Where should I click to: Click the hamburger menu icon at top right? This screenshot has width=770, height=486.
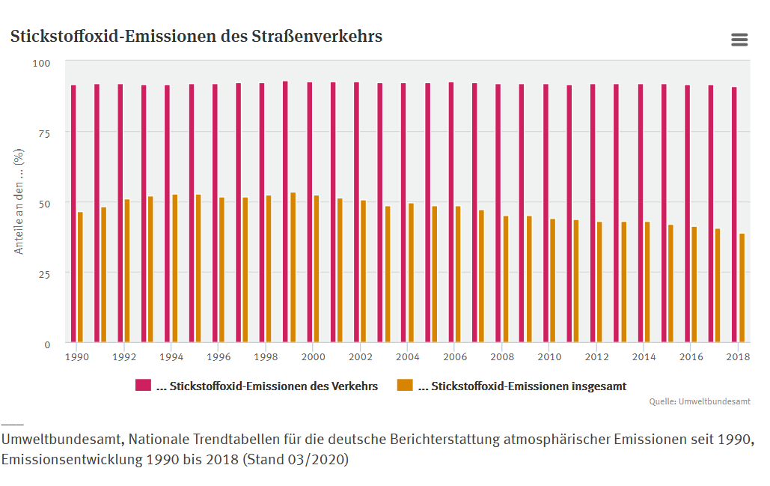point(739,40)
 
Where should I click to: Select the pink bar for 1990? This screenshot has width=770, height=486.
point(73,214)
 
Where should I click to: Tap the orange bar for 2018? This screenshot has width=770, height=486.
point(742,288)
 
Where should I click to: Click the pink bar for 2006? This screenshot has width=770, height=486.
point(451,213)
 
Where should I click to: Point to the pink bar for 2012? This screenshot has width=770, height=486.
point(593,213)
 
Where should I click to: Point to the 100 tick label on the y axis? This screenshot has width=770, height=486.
point(41,63)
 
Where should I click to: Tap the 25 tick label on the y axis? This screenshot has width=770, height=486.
point(43,274)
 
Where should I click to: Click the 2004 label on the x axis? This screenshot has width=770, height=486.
point(408,357)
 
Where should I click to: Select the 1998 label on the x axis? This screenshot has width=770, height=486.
point(265,357)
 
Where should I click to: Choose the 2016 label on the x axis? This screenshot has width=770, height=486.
point(691,357)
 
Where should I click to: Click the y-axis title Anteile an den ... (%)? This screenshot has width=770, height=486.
point(19,201)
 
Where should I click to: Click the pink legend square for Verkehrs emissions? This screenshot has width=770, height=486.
point(143,386)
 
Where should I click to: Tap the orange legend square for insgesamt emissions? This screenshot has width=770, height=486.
point(405,386)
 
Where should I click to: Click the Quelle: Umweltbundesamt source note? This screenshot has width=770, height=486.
point(700,402)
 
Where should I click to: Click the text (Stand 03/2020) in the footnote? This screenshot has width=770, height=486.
point(296,459)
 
